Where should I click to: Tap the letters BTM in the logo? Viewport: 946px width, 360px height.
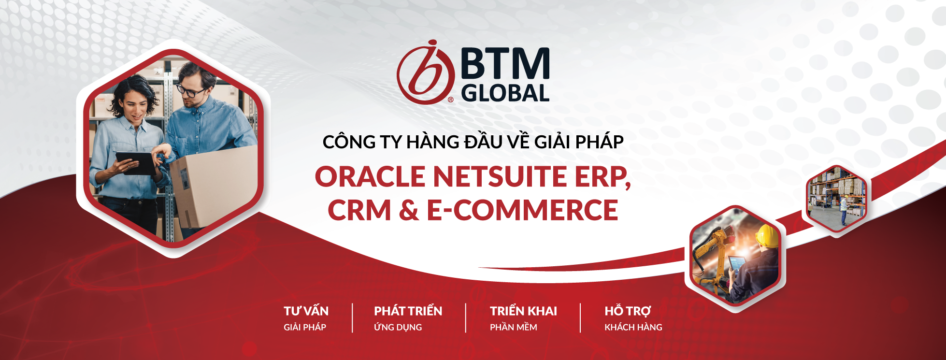click(505, 64)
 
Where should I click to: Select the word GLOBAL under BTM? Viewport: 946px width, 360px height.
click(505, 93)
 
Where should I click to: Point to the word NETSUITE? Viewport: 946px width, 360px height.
click(499, 177)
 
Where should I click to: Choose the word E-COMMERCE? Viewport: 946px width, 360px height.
click(522, 211)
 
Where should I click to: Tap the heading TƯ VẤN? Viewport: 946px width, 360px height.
click(306, 311)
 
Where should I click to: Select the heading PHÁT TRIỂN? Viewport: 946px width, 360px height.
click(408, 311)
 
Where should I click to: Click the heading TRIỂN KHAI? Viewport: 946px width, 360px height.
click(523, 311)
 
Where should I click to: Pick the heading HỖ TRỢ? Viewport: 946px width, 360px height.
click(628, 311)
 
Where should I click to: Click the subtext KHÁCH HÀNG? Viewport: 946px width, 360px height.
click(633, 327)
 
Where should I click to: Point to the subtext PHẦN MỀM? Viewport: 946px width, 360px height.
click(513, 327)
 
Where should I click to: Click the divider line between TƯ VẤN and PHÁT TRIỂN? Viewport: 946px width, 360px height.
click(353, 318)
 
